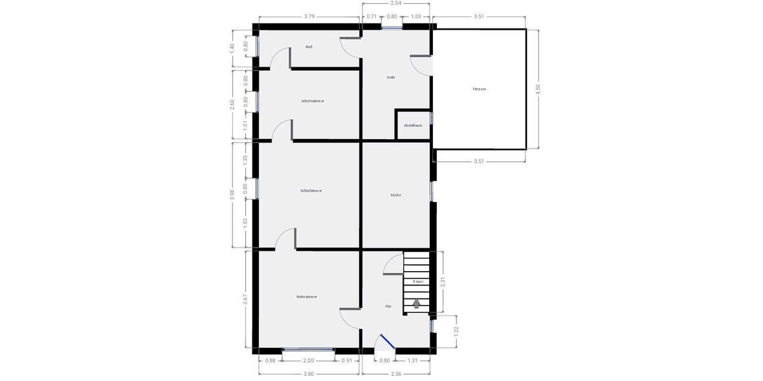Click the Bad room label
(x=309, y=47)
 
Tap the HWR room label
(x=391, y=77)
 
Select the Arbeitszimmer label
(x=313, y=101)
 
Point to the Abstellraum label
(x=413, y=125)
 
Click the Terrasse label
(x=479, y=89)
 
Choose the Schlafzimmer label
(x=312, y=190)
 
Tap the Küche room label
(x=396, y=195)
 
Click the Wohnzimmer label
(x=306, y=297)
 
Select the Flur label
(x=388, y=306)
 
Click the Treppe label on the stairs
(x=418, y=281)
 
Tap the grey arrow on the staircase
(x=416, y=304)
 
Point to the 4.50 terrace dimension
(x=538, y=89)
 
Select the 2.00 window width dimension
(x=309, y=361)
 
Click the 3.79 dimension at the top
(x=309, y=17)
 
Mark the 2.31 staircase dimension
(x=443, y=282)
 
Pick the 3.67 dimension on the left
(x=245, y=299)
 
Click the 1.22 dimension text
(x=456, y=331)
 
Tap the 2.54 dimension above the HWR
(x=395, y=3)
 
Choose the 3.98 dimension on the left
(x=232, y=194)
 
